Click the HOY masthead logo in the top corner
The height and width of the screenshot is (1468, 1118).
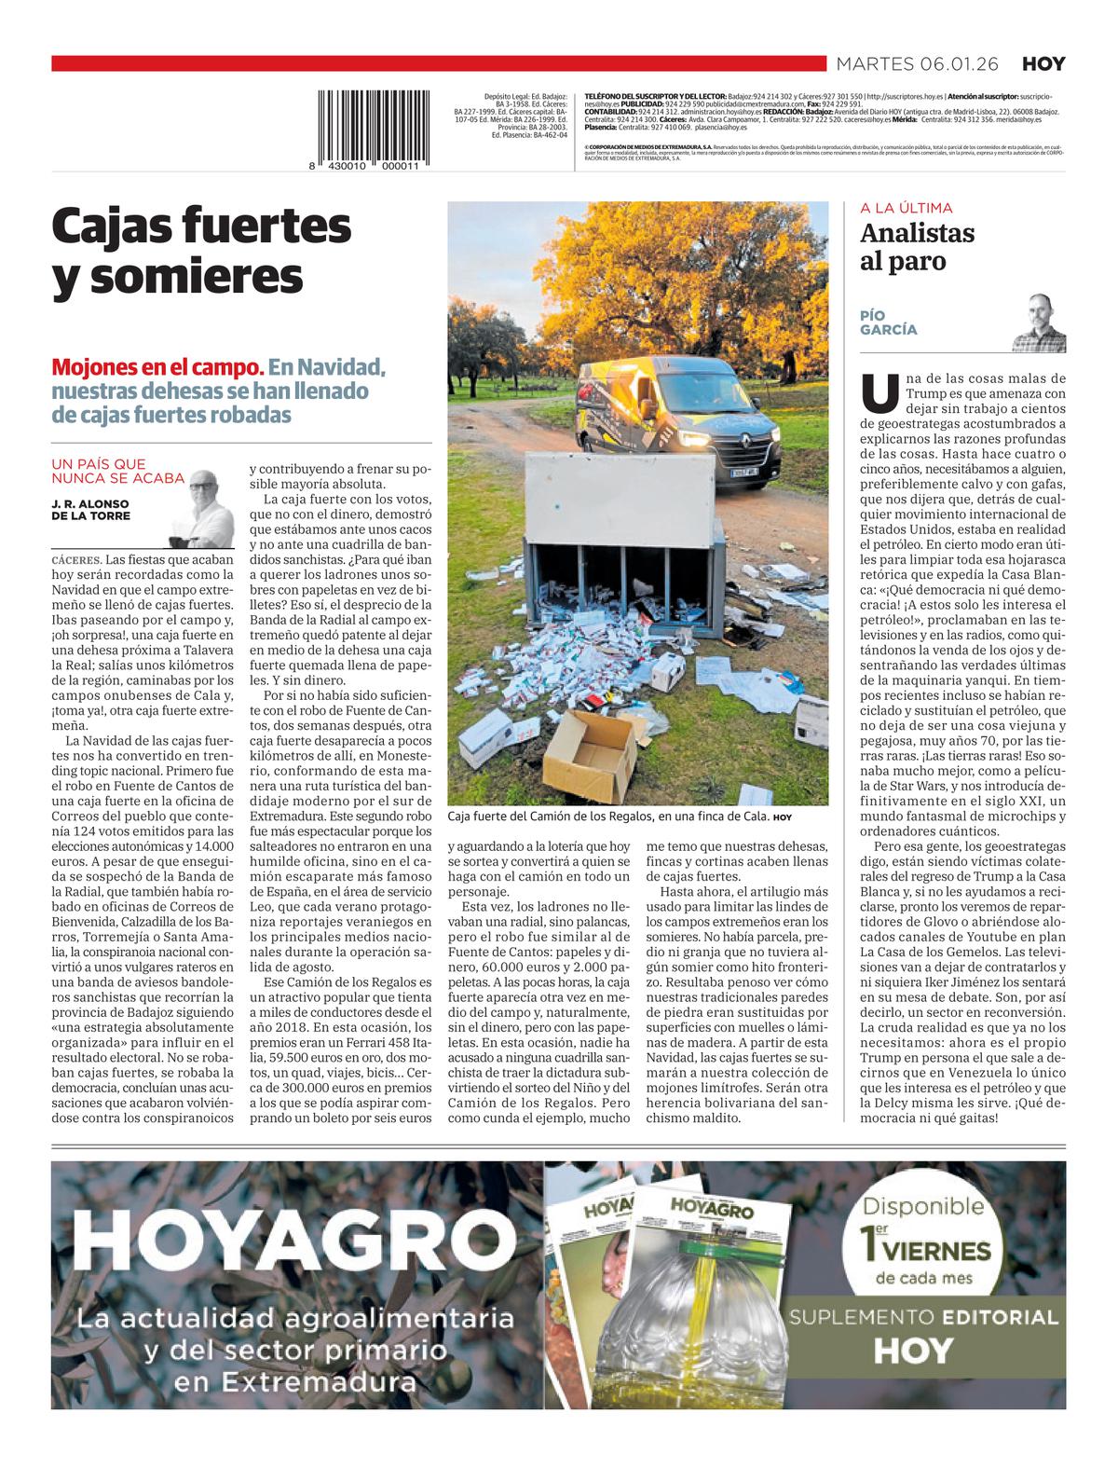(1043, 64)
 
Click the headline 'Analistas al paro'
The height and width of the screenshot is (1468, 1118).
(918, 247)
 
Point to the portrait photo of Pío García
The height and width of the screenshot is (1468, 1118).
(1039, 322)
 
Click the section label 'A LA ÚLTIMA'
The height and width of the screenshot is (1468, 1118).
(907, 209)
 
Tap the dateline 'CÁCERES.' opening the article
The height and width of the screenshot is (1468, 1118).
(77, 560)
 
